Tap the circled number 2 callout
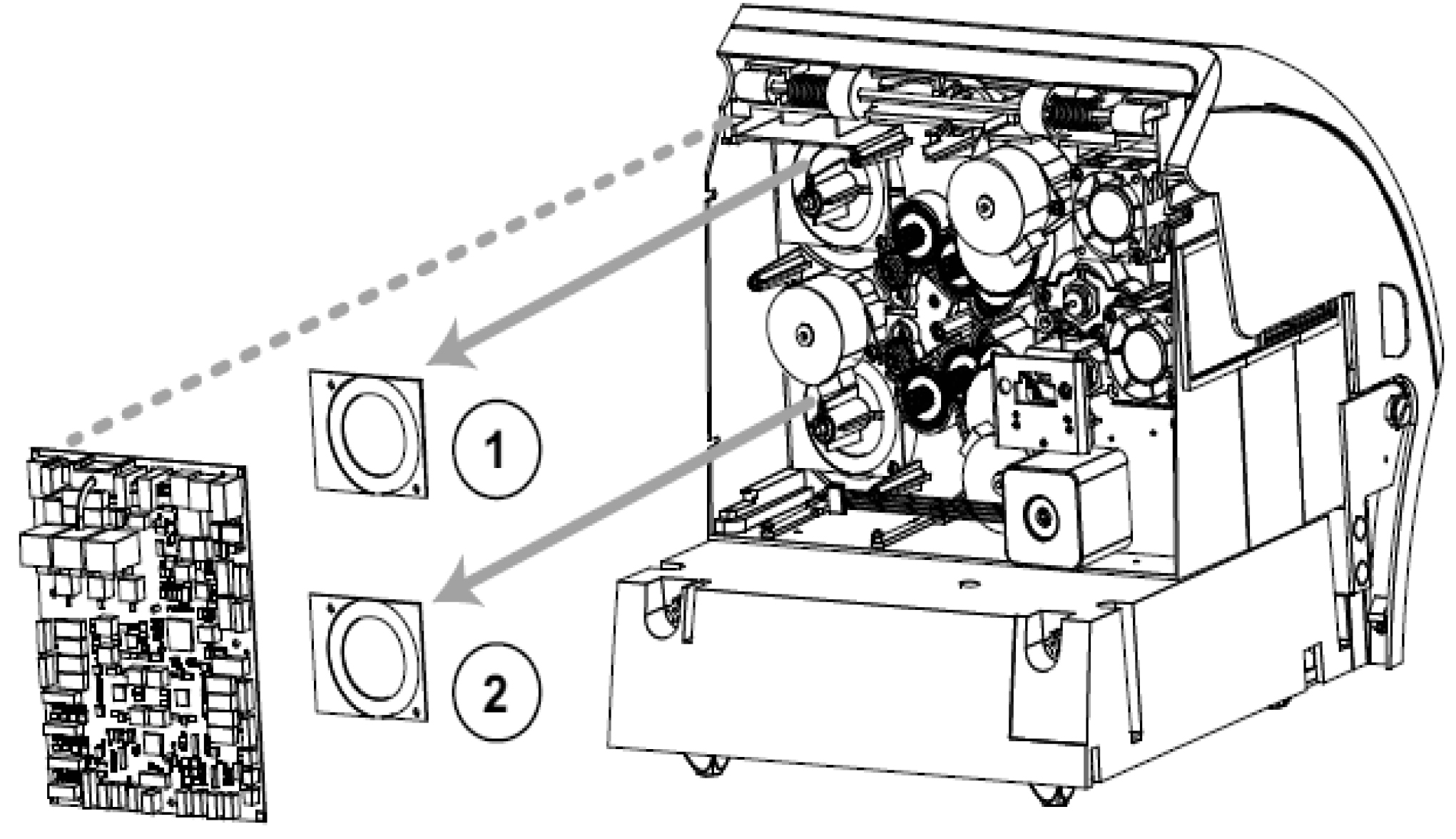497,691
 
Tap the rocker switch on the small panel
1034,389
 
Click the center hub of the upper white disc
986,206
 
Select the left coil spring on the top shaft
805,93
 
